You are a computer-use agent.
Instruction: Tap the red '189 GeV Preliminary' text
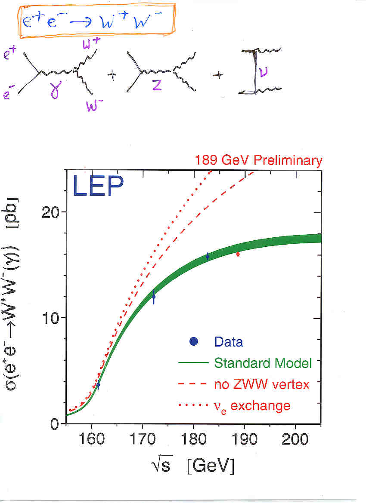click(258, 161)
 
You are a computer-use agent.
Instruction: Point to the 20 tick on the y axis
click(53, 212)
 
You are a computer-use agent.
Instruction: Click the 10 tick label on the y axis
click(53, 318)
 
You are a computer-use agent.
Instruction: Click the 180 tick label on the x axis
click(193, 439)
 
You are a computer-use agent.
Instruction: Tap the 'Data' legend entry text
click(229, 342)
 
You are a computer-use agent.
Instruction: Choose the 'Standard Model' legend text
click(263, 363)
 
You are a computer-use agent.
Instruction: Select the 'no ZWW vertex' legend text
click(262, 384)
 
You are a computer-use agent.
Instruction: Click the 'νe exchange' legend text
click(252, 405)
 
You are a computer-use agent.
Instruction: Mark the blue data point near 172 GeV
click(153, 297)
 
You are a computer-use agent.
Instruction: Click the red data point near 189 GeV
click(238, 254)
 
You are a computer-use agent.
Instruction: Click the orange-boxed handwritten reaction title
click(96, 20)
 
